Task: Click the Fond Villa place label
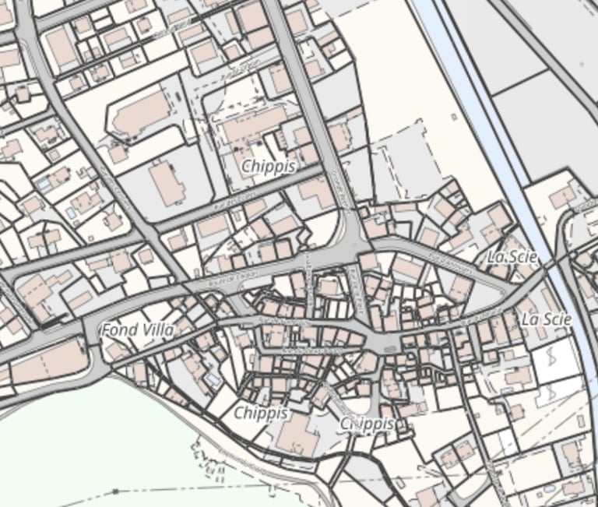(137, 329)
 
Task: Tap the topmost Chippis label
(268, 166)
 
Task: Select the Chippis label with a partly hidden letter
(368, 424)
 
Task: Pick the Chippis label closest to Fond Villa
(261, 412)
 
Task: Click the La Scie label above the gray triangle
(512, 257)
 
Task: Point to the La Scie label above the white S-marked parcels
(547, 319)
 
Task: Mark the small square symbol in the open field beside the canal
(453, 117)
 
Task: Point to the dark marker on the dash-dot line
(115, 491)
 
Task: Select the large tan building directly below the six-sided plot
(168, 184)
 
